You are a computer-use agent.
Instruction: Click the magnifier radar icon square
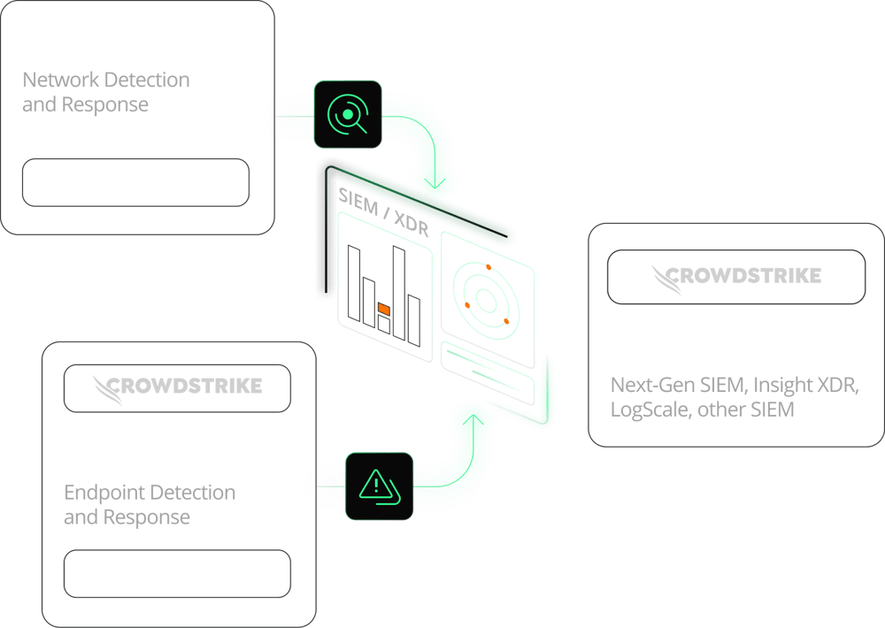[x=348, y=114]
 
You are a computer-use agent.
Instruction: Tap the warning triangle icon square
[x=380, y=486]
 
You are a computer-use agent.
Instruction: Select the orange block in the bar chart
[x=384, y=309]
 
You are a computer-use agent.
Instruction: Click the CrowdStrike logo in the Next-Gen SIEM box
[x=736, y=278]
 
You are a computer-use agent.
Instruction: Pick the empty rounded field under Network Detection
[x=135, y=182]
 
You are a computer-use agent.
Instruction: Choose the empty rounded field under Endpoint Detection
[x=177, y=573]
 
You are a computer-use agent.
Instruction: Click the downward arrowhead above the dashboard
[x=435, y=183]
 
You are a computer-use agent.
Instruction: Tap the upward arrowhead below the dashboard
[x=473, y=420]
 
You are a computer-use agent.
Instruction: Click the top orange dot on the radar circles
[x=489, y=267]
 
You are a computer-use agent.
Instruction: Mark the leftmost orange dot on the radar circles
[x=467, y=305]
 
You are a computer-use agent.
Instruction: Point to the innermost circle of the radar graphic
[x=486, y=300]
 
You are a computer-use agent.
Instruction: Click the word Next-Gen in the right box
[x=652, y=385]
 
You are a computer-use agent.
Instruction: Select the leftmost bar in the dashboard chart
[x=354, y=283]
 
